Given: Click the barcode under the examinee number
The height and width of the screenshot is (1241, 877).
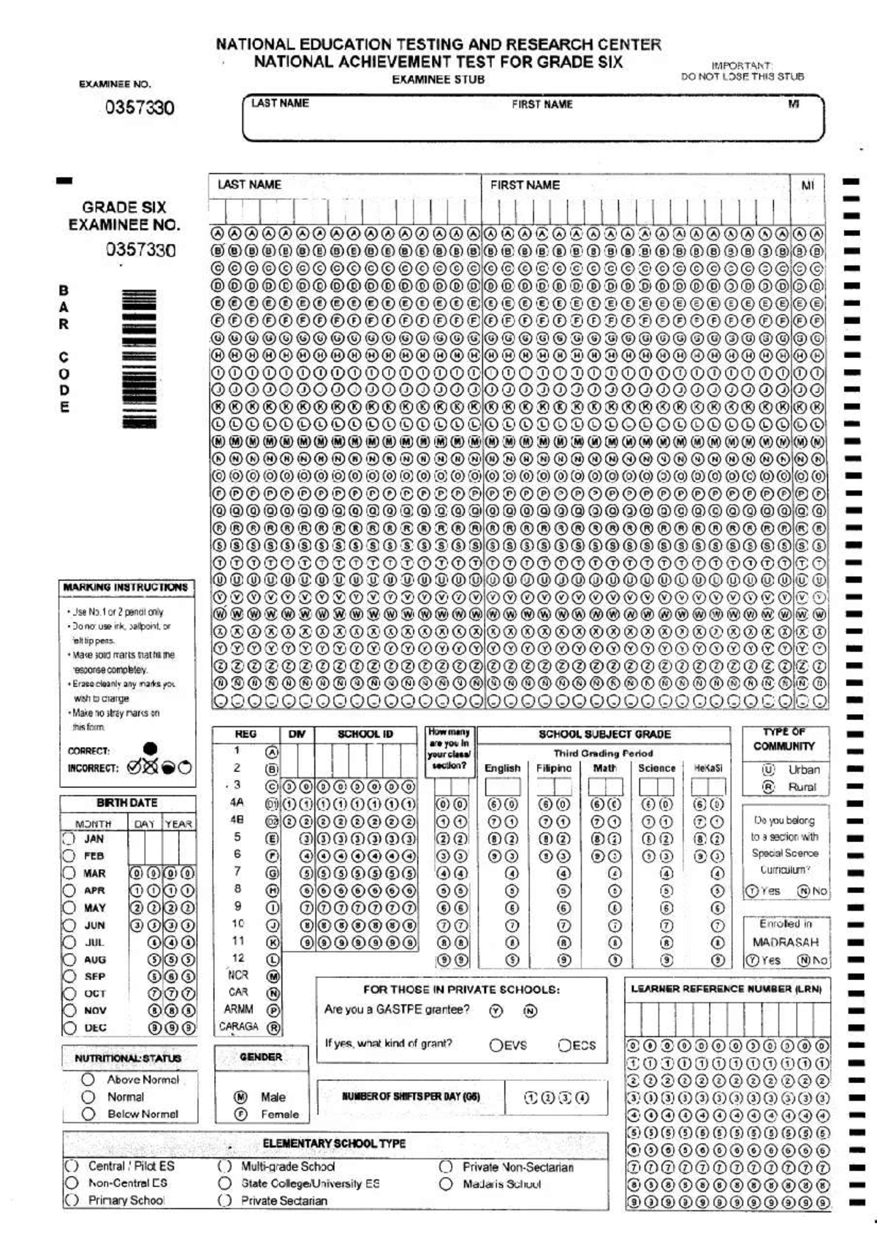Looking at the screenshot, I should (x=138, y=358).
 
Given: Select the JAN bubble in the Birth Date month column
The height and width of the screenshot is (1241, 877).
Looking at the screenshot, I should (x=69, y=839).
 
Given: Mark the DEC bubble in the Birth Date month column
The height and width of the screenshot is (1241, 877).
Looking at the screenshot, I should (x=69, y=1028).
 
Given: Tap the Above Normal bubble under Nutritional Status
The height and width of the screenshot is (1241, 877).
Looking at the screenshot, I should (x=88, y=1079).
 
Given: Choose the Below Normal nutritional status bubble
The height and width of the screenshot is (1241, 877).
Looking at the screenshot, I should (x=88, y=1114).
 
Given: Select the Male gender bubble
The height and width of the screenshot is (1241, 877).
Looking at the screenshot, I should (x=240, y=1097).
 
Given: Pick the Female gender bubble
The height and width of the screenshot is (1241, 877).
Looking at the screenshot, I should (x=240, y=1115).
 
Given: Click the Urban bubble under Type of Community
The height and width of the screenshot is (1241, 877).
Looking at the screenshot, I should (x=768, y=770).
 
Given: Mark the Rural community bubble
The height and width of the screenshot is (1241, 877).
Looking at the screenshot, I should (x=768, y=787).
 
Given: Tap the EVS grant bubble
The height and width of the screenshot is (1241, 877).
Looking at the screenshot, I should (x=496, y=1045).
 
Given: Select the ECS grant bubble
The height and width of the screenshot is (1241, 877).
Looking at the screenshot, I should (x=565, y=1045).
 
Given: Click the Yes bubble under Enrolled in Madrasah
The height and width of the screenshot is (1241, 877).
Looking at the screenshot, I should (x=751, y=960).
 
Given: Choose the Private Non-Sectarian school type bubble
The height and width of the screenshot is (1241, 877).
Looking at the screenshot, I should (x=446, y=1167).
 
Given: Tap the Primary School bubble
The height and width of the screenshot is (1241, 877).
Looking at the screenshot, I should (x=72, y=1200).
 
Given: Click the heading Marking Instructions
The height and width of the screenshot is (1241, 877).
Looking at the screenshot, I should (x=126, y=587).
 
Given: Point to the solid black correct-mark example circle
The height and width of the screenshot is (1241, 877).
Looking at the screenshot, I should (x=150, y=748).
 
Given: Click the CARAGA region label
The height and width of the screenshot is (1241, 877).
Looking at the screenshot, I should (x=239, y=1027).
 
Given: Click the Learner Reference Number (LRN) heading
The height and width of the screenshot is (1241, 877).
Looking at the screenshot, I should (x=726, y=989).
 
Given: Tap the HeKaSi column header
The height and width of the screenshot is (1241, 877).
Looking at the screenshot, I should (x=707, y=768).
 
